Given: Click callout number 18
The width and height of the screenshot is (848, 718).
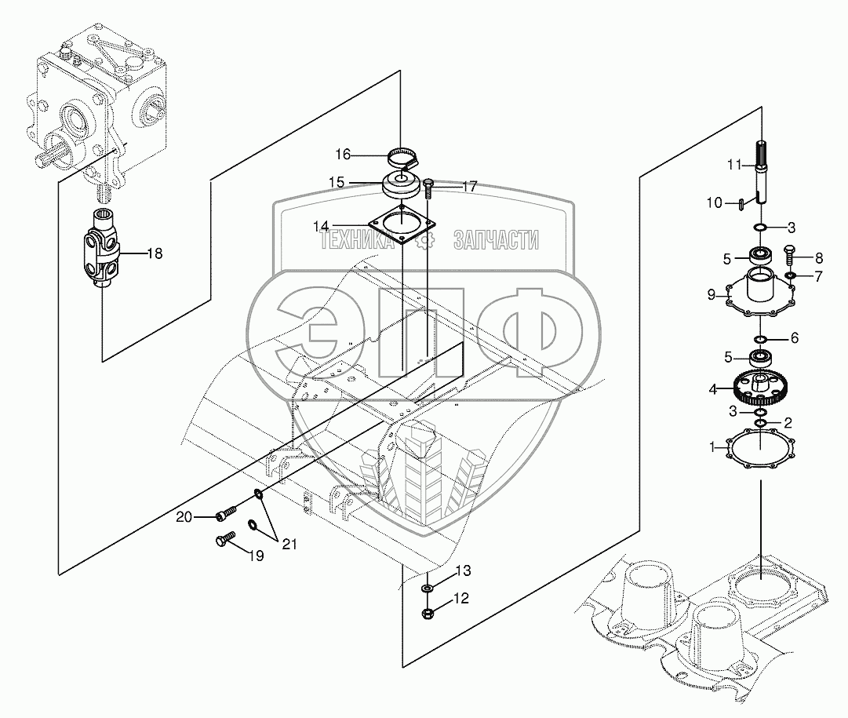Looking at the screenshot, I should coord(155,253).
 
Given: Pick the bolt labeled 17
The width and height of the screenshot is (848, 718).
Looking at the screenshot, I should coord(428,188).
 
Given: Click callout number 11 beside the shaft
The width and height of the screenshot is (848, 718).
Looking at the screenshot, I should coord(734,164).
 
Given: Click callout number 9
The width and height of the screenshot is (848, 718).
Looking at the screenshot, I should coord(712,296).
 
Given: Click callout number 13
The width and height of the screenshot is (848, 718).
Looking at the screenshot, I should coord(464,569).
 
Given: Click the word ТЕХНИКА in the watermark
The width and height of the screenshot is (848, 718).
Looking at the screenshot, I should coord(357,243).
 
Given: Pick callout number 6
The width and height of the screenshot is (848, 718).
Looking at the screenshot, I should coord(794,338).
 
